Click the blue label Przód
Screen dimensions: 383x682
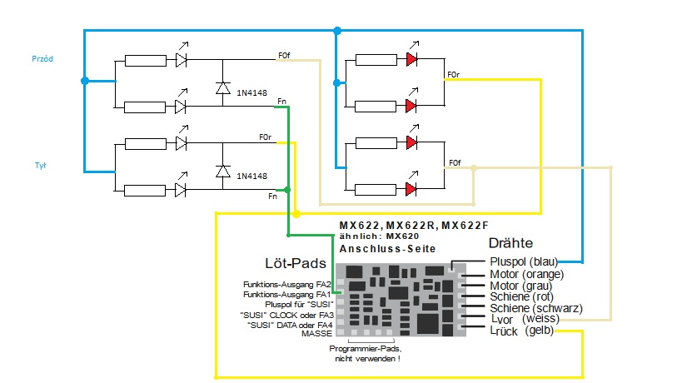pyautogui.click(x=41, y=58)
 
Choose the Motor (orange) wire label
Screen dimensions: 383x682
pyautogui.click(x=525, y=273)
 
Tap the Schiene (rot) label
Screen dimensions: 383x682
pyautogui.click(x=522, y=296)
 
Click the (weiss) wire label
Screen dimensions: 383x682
pyautogui.click(x=542, y=319)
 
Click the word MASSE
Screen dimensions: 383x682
pyautogui.click(x=317, y=333)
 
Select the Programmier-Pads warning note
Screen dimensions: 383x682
pyautogui.click(x=366, y=352)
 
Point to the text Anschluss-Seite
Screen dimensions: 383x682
pyautogui.click(x=387, y=249)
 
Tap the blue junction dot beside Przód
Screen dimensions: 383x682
pyautogui.click(x=84, y=81)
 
